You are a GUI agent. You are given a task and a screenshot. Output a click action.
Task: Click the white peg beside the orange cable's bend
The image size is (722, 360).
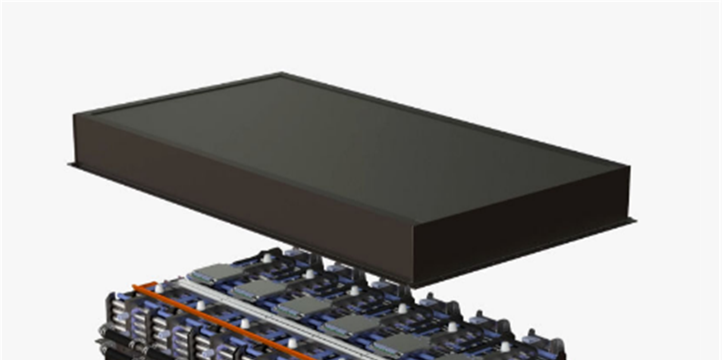[x=159, y=288]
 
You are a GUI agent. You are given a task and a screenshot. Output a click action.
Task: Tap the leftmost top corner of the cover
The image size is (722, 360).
[x=74, y=115]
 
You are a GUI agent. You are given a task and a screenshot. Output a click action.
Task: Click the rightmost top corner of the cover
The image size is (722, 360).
[x=629, y=167]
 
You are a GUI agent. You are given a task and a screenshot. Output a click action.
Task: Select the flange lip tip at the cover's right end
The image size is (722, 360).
[x=635, y=220]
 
